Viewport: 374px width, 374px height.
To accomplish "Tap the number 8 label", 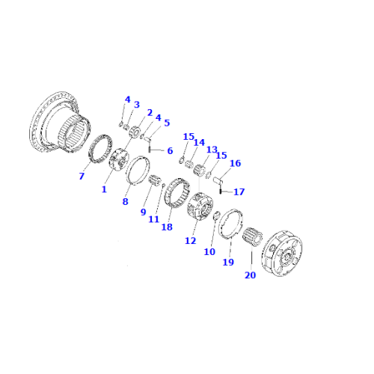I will [x=126, y=201].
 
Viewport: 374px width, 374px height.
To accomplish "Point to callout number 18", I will [x=166, y=226].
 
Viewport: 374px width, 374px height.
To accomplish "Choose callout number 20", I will [x=249, y=275].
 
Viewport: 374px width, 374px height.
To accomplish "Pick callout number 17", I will [x=239, y=191].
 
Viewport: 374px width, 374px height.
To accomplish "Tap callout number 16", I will [x=235, y=163].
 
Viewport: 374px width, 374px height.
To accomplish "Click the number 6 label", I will [x=170, y=151].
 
